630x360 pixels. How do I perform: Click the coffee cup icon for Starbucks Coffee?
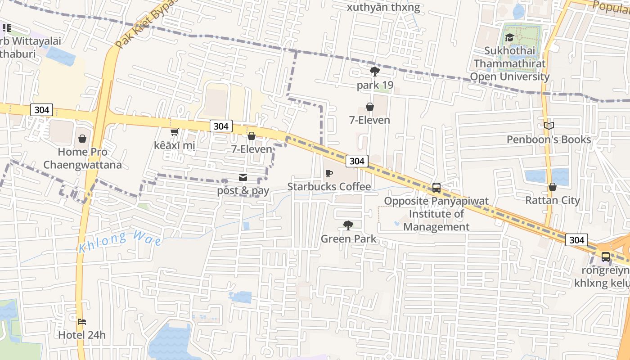[329, 173]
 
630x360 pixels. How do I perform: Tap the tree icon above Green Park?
[348, 225]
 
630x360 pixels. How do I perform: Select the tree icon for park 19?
[374, 71]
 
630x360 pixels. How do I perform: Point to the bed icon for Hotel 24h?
[81, 321]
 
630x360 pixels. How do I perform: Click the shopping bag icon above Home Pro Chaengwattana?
[82, 139]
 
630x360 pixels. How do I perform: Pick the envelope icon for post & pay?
[243, 177]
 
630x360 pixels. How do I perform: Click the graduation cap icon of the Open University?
[509, 38]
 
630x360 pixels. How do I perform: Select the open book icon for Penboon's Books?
[549, 126]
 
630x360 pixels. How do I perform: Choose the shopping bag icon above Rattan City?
[552, 187]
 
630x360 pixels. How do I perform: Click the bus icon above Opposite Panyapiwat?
[436, 188]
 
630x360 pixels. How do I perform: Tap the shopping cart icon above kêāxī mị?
[174, 132]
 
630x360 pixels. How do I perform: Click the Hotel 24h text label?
[82, 335]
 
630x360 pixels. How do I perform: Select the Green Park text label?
[348, 238]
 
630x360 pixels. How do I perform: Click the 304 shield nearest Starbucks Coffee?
[357, 161]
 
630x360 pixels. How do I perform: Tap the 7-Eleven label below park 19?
[369, 120]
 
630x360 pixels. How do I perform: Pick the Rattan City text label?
[553, 200]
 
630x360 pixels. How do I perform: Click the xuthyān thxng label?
[383, 7]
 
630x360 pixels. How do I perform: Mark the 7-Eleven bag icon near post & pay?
[252, 136]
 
